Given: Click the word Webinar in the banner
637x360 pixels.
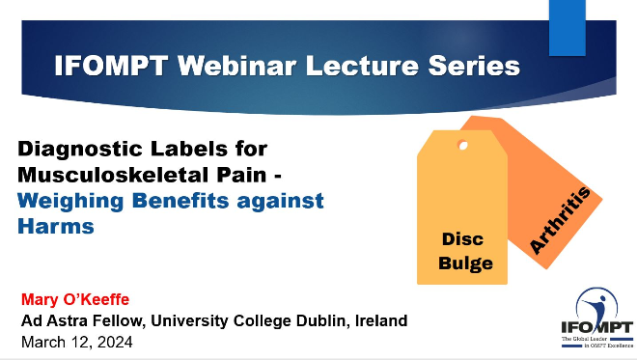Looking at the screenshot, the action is (x=236, y=66).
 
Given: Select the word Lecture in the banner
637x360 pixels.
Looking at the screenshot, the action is (x=362, y=66).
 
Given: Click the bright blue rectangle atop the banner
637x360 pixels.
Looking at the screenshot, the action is (x=568, y=28).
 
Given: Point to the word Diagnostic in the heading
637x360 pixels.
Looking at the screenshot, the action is (x=97, y=150).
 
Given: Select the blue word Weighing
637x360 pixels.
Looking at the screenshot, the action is (x=70, y=202).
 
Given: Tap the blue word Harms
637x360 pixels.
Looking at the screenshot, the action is (x=56, y=226).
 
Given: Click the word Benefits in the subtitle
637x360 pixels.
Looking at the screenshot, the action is (x=180, y=201).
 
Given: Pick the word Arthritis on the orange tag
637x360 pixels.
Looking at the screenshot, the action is (x=560, y=220).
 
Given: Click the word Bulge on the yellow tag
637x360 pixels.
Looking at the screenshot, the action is (x=465, y=263).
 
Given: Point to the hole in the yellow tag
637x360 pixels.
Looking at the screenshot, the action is (x=462, y=145).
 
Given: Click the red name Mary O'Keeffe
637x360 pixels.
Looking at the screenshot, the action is (x=75, y=299).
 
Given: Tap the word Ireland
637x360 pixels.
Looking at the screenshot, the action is (x=381, y=320).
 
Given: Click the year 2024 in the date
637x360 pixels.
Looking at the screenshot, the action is (x=115, y=342).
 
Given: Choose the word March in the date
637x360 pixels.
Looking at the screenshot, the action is (x=45, y=342).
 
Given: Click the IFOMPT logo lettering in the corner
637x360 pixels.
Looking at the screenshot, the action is (x=597, y=327).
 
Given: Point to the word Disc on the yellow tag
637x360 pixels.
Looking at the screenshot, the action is (x=462, y=239).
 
